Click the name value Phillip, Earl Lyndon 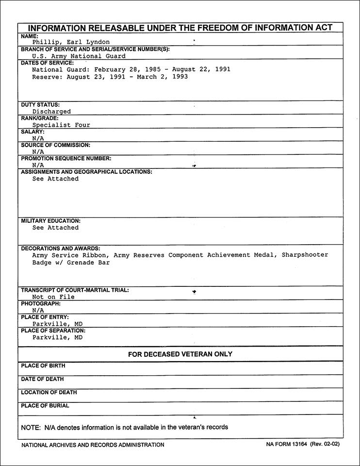[x=71, y=42]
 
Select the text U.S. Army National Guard [x=79, y=56]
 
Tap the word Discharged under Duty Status [x=51, y=112]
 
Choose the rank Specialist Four [x=61, y=125]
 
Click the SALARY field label [x=33, y=132]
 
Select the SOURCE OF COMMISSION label [x=55, y=145]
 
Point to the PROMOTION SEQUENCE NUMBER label [x=66, y=158]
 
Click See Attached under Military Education [x=55, y=228]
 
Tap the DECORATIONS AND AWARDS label [x=61, y=249]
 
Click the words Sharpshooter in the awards [x=305, y=255]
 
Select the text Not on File [x=53, y=297]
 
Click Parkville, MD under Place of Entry [x=57, y=324]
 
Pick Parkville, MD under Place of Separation [x=57, y=337]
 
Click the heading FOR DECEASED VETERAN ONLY [x=180, y=354]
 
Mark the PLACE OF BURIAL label [x=45, y=406]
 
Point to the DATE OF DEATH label [x=42, y=379]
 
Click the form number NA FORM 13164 [x=289, y=445]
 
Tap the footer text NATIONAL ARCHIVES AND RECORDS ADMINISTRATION [x=93, y=445]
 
